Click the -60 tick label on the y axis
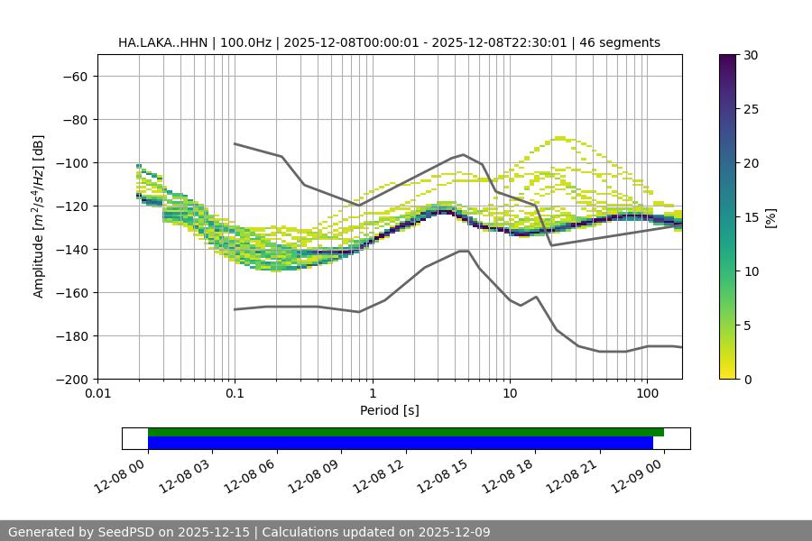73,77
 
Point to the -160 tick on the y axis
70,293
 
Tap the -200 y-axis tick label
70,380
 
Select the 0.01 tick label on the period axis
97,394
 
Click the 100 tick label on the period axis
647,394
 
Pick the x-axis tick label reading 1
373,394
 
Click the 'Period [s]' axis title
389,410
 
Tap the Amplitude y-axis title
39,217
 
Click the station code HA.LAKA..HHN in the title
162,42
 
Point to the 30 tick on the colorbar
750,55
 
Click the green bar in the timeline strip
406,432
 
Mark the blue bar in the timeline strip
400,443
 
